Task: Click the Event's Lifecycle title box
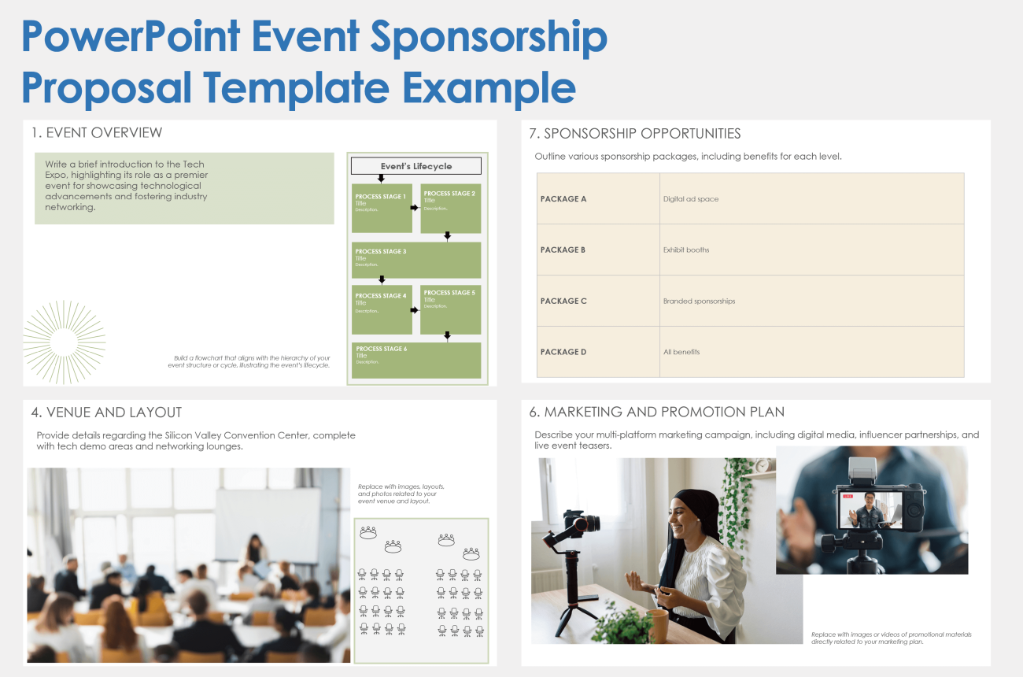click(x=415, y=166)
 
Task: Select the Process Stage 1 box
click(x=382, y=208)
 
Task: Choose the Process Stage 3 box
click(x=415, y=260)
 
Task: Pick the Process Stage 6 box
click(x=415, y=360)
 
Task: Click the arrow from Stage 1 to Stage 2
click(x=415, y=208)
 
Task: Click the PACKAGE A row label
click(x=563, y=199)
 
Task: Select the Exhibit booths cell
click(x=686, y=250)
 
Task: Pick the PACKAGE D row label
click(x=563, y=352)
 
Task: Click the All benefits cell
click(x=681, y=352)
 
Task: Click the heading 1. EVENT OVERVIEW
click(x=97, y=133)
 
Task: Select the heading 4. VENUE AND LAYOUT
click(x=106, y=412)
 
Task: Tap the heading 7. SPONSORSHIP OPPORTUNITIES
click(x=642, y=134)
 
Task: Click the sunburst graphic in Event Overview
click(x=64, y=342)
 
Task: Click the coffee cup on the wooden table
click(x=658, y=627)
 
